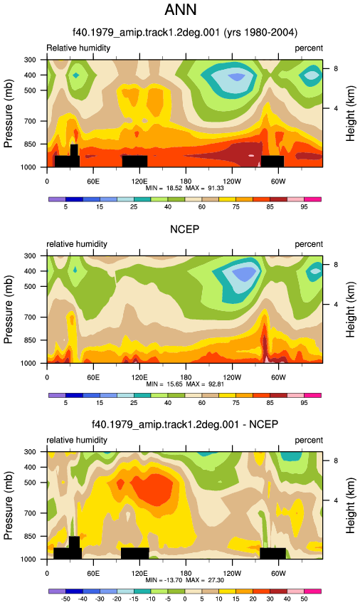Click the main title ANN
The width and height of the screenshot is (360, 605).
click(x=180, y=9)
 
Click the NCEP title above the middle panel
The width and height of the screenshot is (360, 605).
click(x=184, y=229)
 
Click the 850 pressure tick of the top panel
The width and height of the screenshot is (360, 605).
click(x=30, y=144)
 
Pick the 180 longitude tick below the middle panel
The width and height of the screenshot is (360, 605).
click(x=186, y=377)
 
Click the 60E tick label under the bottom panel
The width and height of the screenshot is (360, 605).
click(x=93, y=573)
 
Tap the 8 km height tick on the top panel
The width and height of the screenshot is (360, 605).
click(x=336, y=68)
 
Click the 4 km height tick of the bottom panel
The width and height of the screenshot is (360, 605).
click(x=336, y=500)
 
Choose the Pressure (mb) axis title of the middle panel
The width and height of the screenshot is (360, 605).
click(x=9, y=310)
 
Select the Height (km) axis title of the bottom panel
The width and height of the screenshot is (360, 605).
click(x=350, y=505)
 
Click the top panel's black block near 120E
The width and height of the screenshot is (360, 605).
click(x=134, y=162)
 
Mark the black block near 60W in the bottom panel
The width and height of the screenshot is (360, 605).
click(x=272, y=553)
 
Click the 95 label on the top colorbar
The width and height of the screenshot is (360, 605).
click(x=304, y=207)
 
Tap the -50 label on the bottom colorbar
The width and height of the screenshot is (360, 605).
click(x=65, y=599)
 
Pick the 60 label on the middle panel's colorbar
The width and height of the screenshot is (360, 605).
click(x=202, y=403)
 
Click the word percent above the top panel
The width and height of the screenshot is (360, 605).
click(x=309, y=48)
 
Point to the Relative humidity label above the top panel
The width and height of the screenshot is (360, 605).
click(x=78, y=48)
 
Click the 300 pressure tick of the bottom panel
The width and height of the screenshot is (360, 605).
click(x=30, y=452)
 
